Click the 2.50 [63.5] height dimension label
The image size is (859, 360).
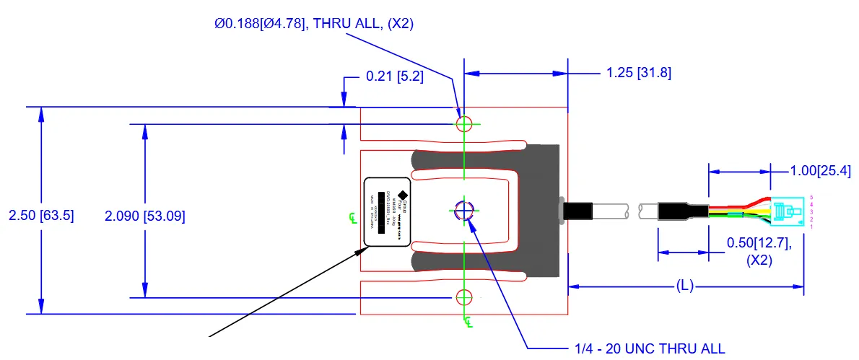(41, 216)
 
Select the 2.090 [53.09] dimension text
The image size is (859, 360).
(145, 216)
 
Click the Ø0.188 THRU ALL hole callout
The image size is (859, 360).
(313, 24)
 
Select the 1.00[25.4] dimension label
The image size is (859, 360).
(821, 171)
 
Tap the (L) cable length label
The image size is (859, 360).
(685, 286)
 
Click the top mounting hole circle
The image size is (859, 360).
(463, 123)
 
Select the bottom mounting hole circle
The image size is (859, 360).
(463, 297)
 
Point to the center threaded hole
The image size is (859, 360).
(463, 210)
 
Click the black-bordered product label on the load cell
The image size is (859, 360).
(388, 211)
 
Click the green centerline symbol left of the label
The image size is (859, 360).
(352, 218)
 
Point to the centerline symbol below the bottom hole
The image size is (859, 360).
(468, 321)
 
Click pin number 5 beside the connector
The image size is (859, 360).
(811, 197)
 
